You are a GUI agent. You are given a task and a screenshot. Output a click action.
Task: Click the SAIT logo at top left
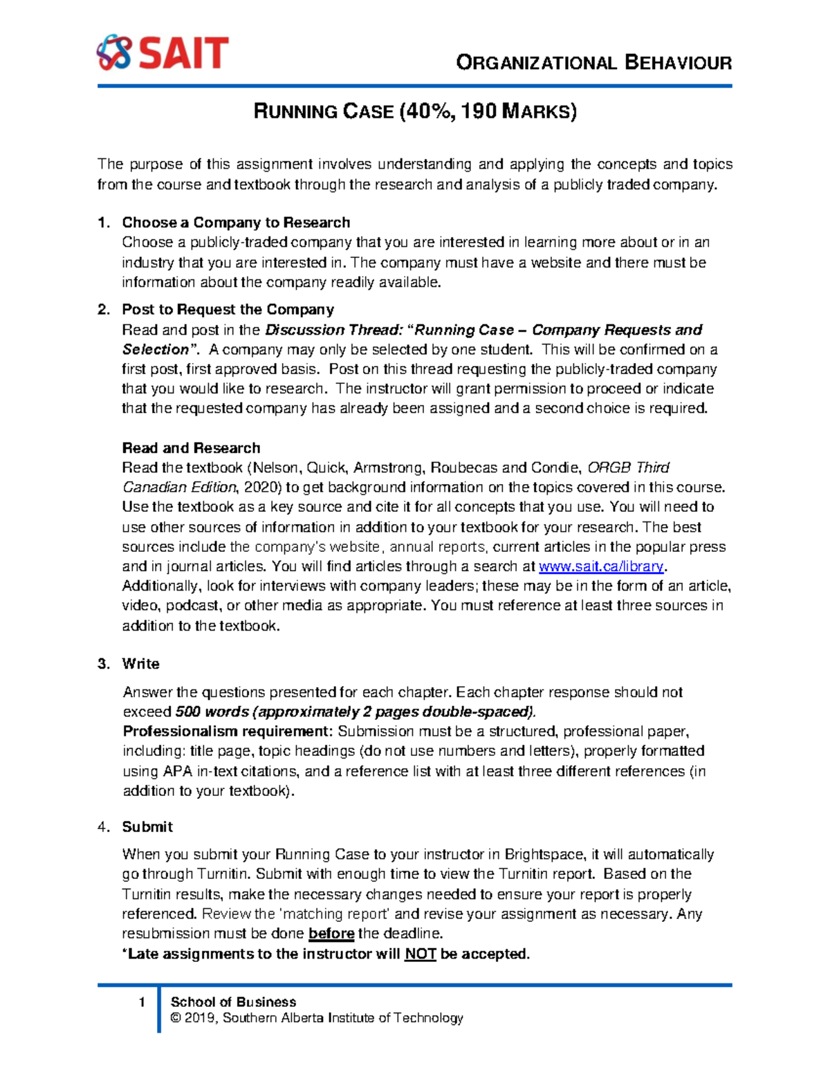click(162, 53)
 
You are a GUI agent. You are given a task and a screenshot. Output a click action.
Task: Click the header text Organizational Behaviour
click(593, 63)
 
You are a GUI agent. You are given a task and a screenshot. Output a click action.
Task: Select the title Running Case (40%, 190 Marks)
click(415, 111)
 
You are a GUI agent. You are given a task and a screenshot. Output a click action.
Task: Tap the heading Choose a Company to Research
click(236, 223)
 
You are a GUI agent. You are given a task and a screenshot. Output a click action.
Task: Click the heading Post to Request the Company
click(228, 309)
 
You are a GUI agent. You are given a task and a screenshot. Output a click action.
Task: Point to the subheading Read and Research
click(191, 447)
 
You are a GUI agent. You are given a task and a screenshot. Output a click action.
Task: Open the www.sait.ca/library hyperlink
click(601, 566)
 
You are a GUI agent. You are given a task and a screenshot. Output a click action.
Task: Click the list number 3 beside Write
click(103, 664)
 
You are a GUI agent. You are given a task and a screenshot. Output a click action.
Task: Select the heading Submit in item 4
click(147, 826)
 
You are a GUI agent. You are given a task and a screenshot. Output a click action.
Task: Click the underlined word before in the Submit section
click(331, 934)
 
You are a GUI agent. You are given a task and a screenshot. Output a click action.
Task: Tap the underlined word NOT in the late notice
click(420, 954)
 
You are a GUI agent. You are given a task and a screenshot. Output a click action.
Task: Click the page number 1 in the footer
click(142, 1002)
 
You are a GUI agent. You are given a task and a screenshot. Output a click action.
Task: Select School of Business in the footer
click(233, 1001)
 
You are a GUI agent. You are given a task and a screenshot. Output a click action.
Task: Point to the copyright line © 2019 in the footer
click(316, 1018)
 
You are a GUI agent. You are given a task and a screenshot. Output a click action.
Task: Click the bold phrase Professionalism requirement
click(228, 731)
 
